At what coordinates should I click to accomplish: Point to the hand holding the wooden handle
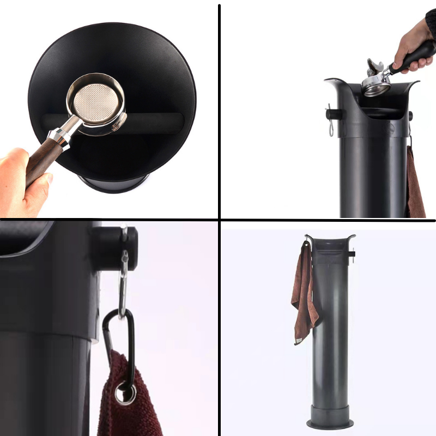(x=22, y=180)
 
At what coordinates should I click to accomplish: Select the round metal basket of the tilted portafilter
(x=376, y=84)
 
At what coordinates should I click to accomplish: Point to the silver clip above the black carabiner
(x=124, y=278)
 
